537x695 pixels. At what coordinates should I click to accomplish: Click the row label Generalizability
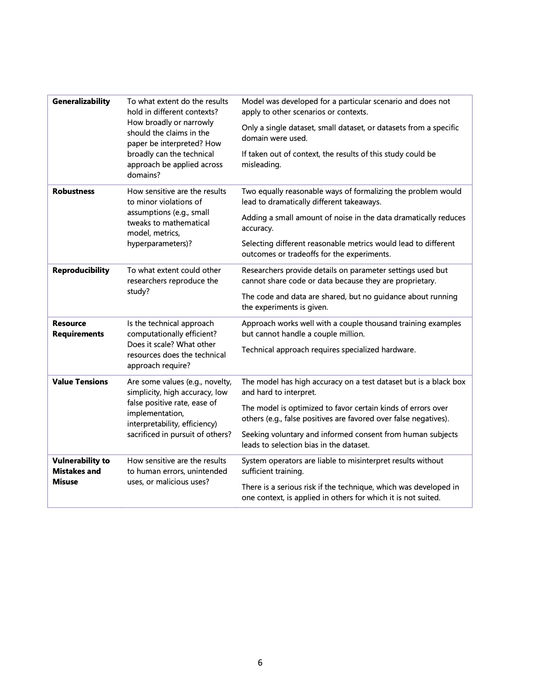click(x=81, y=101)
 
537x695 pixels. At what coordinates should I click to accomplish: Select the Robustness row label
click(x=73, y=191)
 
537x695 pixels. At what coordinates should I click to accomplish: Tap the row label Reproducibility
click(x=81, y=270)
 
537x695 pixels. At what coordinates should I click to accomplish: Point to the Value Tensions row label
click(x=80, y=382)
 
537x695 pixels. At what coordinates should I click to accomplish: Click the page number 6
click(x=260, y=663)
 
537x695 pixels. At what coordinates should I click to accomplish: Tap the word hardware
click(x=398, y=350)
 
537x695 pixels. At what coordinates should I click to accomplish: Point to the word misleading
click(x=261, y=165)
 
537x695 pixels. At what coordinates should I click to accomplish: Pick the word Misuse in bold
click(x=65, y=482)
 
